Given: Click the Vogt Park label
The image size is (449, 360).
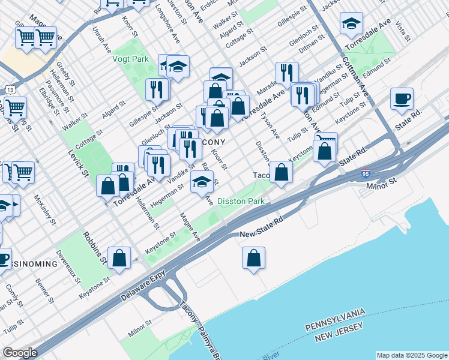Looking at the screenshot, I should pos(130,59).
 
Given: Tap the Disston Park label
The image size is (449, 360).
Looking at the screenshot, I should pos(240,202).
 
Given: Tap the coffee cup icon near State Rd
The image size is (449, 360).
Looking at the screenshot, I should pos(402,99).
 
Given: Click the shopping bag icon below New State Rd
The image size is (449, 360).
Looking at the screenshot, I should pos(254,258).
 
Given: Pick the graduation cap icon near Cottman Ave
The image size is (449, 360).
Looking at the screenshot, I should pos(351,25).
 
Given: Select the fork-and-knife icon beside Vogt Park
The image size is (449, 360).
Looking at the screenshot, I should pos(157,89).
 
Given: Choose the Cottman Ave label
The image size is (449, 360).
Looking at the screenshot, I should pos(356,79).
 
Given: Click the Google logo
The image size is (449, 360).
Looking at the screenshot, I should pos(20,353).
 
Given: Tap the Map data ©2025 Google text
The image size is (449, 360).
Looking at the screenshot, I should pos(412,355).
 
